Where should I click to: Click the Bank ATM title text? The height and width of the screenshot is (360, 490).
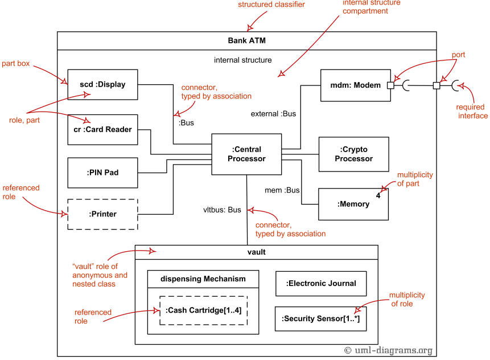(x=246, y=40)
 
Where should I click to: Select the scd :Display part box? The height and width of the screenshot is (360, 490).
(x=102, y=84)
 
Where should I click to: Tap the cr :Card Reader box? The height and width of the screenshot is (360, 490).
(x=102, y=129)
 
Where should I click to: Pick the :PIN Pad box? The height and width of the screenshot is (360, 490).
(x=102, y=172)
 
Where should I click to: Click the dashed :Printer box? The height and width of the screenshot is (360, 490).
(x=102, y=214)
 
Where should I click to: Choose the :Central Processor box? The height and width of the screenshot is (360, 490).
(x=246, y=154)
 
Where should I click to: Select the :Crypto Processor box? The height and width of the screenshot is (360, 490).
(x=353, y=154)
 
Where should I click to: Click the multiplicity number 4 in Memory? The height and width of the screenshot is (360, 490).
(x=378, y=195)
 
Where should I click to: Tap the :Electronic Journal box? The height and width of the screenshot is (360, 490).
(x=321, y=283)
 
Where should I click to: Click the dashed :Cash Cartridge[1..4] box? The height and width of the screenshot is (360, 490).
(x=203, y=310)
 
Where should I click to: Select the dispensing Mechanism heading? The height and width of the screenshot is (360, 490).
(x=203, y=279)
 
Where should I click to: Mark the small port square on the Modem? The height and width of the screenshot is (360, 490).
(x=390, y=85)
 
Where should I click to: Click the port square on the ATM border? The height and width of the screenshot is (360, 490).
(x=437, y=85)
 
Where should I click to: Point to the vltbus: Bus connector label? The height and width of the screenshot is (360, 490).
(x=222, y=210)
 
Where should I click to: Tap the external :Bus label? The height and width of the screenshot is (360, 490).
(x=273, y=114)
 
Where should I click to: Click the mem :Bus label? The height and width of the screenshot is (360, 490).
(x=282, y=190)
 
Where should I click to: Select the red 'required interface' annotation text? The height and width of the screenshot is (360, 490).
(x=472, y=111)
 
